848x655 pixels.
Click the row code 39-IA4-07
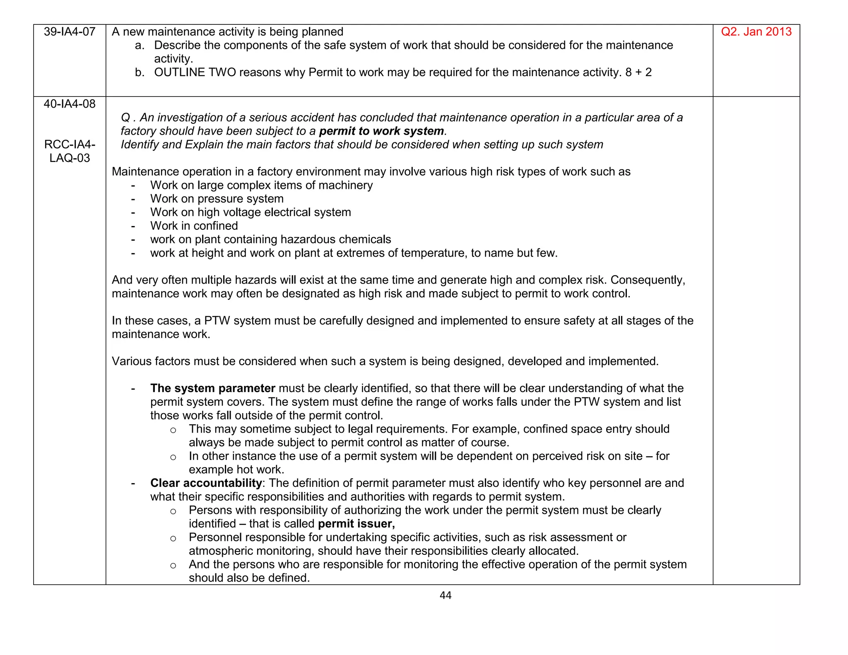[x=70, y=32]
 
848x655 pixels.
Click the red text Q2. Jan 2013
[x=756, y=32]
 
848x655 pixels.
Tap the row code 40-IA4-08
[x=70, y=104]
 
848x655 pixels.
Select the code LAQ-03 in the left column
[x=70, y=158]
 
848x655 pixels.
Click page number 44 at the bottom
[x=446, y=595]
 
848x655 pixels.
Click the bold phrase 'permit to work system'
[x=381, y=131]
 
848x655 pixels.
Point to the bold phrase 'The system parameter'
[x=212, y=388]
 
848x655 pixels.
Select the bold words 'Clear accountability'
[x=206, y=483]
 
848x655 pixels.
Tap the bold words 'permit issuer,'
[x=356, y=524]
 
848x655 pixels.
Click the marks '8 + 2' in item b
[x=638, y=72]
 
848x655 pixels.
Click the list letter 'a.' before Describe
[x=140, y=46]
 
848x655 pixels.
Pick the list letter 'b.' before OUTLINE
[x=140, y=72]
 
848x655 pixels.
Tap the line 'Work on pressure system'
[x=217, y=199]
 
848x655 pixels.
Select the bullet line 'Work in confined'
[x=194, y=226]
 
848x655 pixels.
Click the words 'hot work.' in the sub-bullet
[x=260, y=470]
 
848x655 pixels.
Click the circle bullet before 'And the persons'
[x=173, y=566]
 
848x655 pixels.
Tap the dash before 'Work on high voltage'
[x=133, y=213]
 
